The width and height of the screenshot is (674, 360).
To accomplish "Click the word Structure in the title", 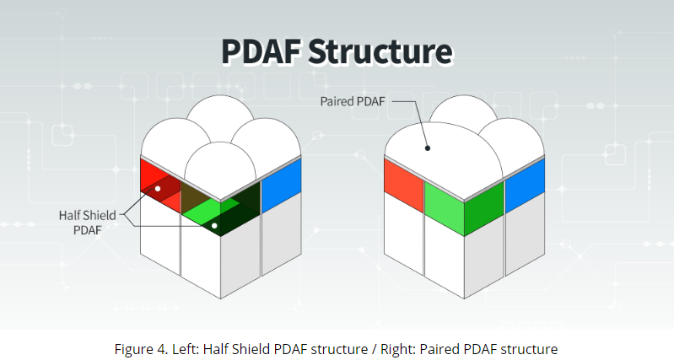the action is (380, 51).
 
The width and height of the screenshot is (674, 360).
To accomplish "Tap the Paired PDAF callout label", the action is (353, 101).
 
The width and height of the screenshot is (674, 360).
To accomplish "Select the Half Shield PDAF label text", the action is (87, 223).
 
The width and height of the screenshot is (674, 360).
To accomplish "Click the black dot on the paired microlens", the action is (428, 148).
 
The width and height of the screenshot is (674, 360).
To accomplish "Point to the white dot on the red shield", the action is (158, 189).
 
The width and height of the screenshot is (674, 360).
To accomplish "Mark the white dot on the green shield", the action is (214, 226).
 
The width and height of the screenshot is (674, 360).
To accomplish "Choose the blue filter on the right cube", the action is (525, 185).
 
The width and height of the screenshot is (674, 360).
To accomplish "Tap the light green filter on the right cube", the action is (444, 208).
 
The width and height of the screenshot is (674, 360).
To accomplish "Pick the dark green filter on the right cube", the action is (484, 208).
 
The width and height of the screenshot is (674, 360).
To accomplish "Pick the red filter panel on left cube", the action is (160, 185).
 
